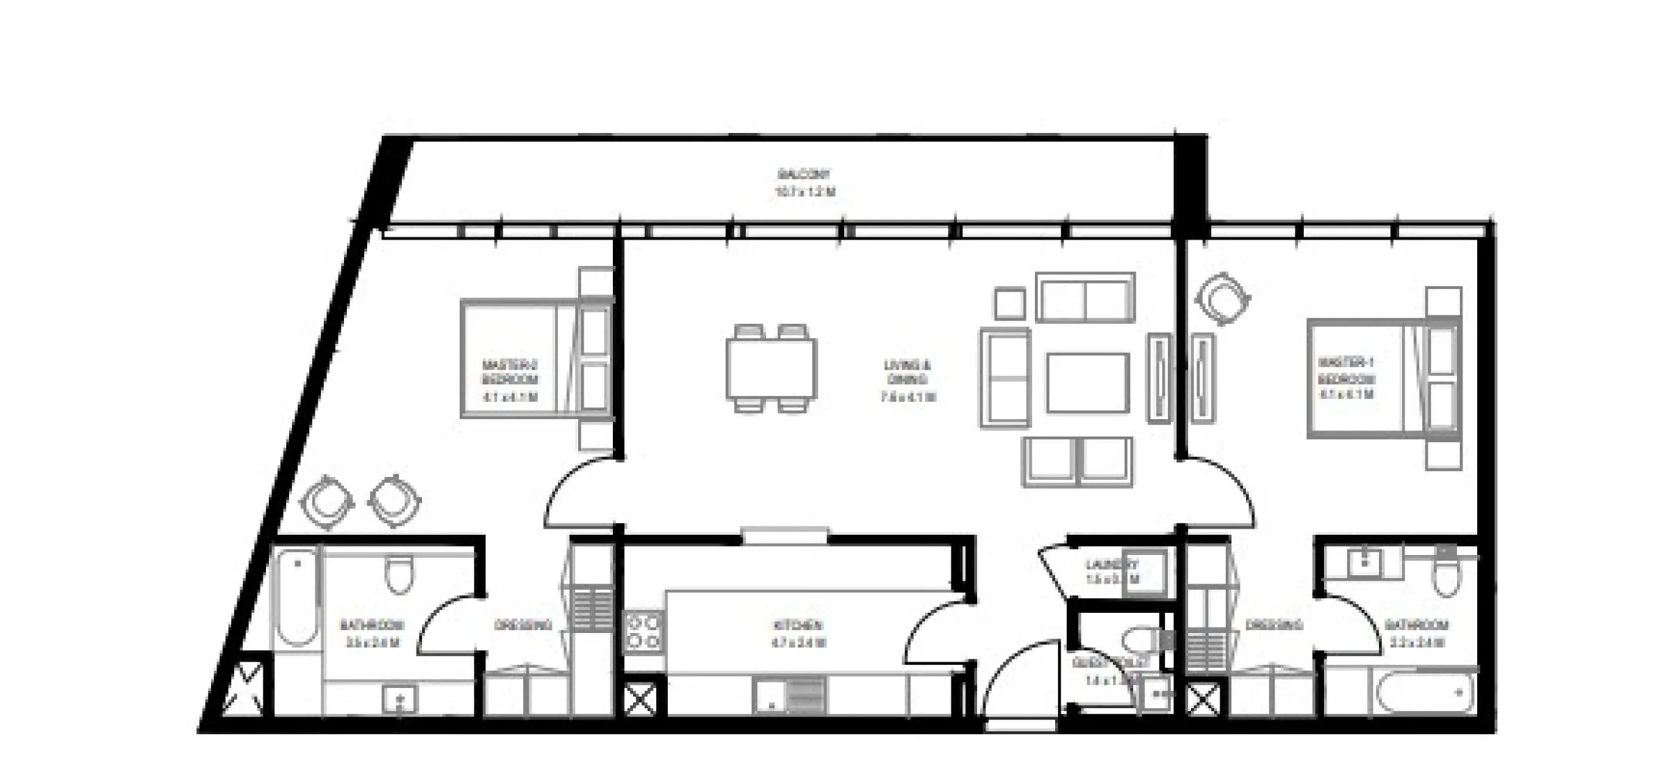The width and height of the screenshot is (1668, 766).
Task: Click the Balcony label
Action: coord(804,182)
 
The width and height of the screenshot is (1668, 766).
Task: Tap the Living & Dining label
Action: coord(907,380)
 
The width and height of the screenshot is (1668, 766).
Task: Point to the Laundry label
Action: coord(1112,571)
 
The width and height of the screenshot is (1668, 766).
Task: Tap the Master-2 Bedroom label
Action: coord(510,380)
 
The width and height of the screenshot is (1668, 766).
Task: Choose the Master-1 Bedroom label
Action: coord(1346,377)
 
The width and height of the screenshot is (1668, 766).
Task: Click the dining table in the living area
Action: coord(771,368)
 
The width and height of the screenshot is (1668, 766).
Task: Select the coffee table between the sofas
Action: coord(1087,382)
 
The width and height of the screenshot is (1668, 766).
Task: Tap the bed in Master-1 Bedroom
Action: coord(1382,378)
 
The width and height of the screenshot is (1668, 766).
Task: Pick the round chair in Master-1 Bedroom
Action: coord(1222,299)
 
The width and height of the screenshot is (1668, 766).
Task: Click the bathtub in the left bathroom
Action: coord(297,597)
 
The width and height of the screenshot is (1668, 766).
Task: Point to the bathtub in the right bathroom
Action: coord(1425,691)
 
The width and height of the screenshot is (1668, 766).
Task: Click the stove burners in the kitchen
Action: coord(644,631)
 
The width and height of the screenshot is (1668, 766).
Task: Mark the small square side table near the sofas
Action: coord(1009,304)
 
